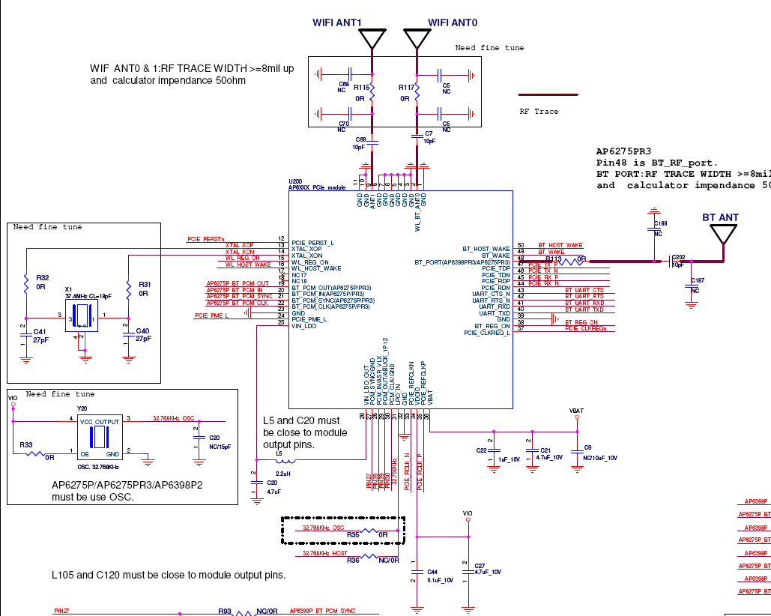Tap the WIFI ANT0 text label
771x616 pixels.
453,22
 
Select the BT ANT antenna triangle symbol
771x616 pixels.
723,234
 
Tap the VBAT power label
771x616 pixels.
577,411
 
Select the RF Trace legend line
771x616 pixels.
549,95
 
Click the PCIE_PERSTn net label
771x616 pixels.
205,239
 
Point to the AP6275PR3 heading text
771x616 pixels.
623,151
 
